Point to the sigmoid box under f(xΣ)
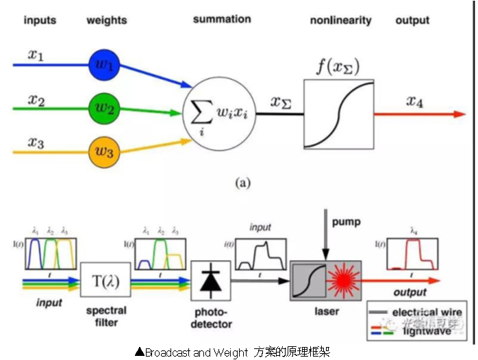click(339, 114)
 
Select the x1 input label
click(36, 55)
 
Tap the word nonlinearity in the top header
click(340, 20)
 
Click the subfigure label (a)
click(243, 183)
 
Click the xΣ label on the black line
click(282, 103)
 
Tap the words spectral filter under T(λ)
click(107, 316)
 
